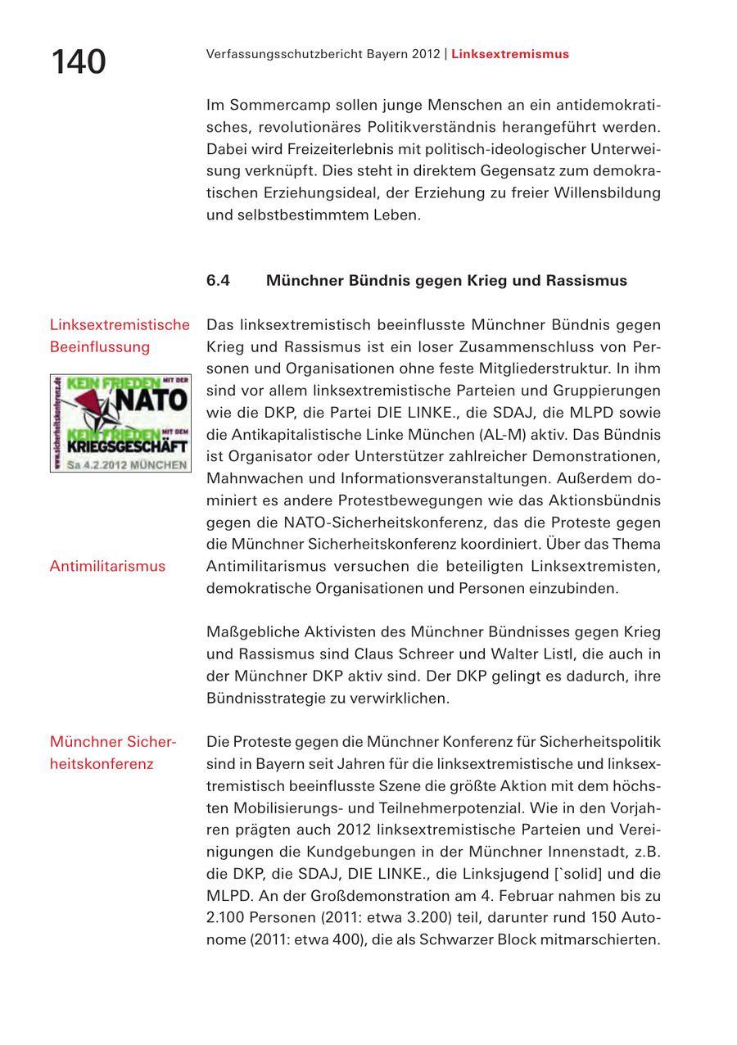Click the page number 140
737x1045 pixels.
(79, 62)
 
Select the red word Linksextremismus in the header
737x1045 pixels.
(509, 54)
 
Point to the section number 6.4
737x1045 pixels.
(218, 281)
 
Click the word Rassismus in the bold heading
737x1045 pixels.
(587, 281)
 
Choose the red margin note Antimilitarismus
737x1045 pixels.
(107, 566)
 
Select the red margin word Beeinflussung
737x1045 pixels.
(100, 346)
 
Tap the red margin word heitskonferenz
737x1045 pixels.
(102, 764)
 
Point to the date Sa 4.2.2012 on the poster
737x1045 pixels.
(96, 464)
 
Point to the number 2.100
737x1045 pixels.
(226, 917)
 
